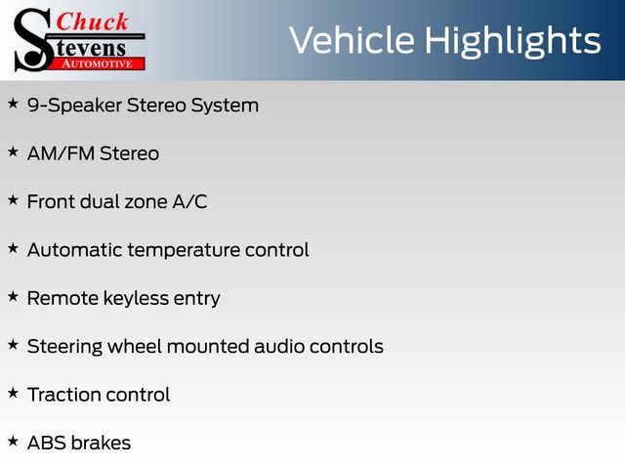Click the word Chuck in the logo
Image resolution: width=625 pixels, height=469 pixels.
92,21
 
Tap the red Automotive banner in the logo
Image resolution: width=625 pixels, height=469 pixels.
98,64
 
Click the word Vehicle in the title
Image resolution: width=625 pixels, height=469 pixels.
352,40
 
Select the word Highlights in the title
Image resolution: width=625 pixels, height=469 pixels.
512,42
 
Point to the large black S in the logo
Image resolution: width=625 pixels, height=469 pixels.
33,40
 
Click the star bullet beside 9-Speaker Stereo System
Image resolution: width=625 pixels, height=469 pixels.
13,104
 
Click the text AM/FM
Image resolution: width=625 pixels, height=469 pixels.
61,153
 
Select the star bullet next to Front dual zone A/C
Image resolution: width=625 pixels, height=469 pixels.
13,199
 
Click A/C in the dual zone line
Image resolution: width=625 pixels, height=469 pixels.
189,201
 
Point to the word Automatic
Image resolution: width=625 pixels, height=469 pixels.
74,250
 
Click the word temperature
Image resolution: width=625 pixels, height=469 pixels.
185,251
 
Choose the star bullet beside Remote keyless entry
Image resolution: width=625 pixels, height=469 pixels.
13,296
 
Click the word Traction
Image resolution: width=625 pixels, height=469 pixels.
63,395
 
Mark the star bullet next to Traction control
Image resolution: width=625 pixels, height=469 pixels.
13,393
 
